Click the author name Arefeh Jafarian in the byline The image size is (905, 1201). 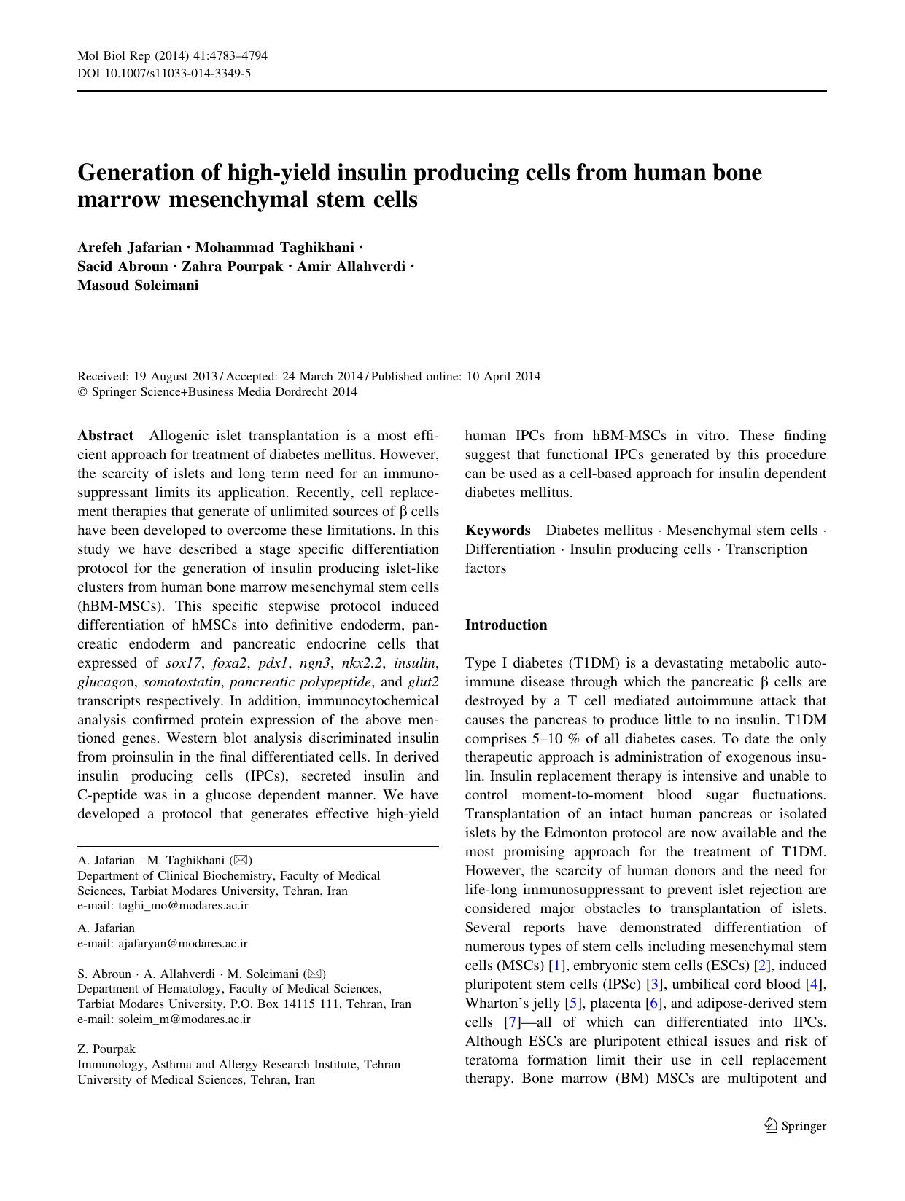(x=129, y=248)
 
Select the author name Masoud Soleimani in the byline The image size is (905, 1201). (x=138, y=286)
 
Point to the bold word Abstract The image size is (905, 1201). (x=106, y=436)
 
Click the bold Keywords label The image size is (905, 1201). (x=498, y=531)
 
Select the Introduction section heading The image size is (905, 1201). (x=506, y=625)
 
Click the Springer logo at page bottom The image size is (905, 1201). (x=796, y=1126)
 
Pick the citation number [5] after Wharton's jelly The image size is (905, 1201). (x=575, y=1004)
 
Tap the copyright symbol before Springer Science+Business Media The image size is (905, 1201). (x=82, y=392)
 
